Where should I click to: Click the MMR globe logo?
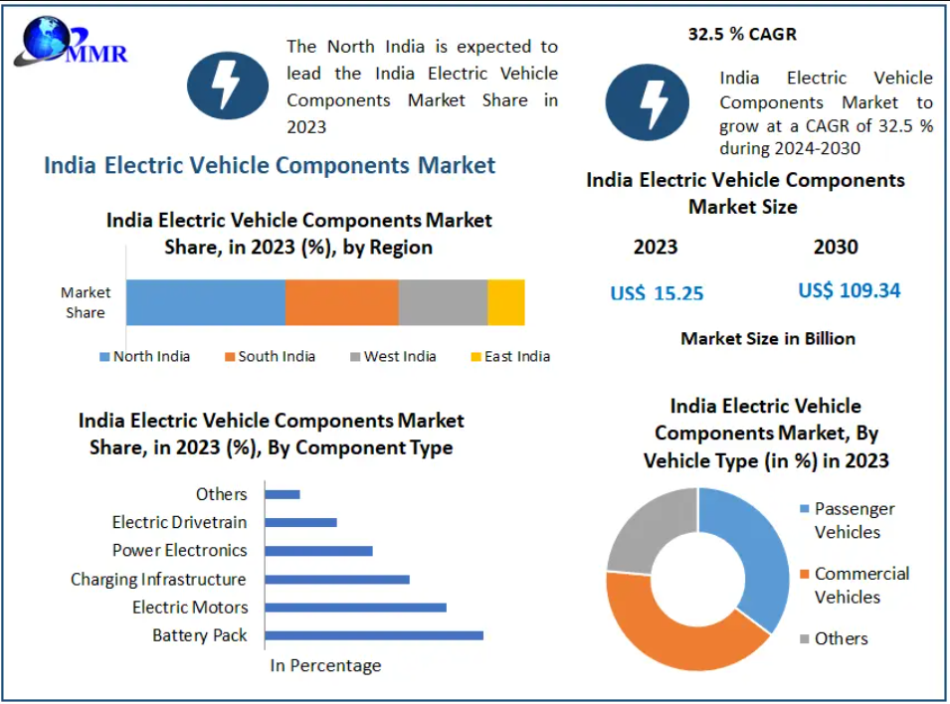45,42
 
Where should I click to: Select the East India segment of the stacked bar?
505,302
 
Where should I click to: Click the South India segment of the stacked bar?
341,302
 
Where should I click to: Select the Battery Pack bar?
374,635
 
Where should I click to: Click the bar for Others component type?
283,494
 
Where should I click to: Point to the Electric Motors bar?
355,608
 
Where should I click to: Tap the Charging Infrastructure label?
158,579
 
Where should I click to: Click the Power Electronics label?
179,550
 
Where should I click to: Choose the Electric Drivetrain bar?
300,522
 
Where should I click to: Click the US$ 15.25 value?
657,293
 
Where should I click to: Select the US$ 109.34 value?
849,290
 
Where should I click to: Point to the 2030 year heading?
836,247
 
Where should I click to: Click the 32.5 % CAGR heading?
742,34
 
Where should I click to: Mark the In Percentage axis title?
325,665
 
